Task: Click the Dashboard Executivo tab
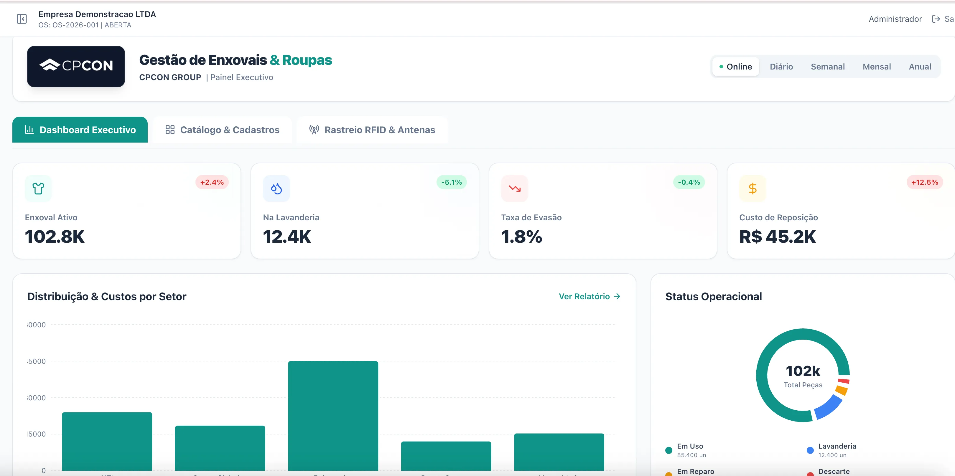[80, 130]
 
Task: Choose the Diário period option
[781, 67]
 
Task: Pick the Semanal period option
[827, 67]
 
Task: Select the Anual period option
[920, 67]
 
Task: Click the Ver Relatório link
[590, 296]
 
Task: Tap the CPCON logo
[76, 66]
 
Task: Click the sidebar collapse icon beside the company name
[22, 19]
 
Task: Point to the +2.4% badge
[212, 182]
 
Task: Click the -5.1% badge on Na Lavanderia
[451, 182]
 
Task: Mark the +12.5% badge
[924, 182]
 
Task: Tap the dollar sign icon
[752, 189]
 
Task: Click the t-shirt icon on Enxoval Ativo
[38, 189]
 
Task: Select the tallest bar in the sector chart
[333, 415]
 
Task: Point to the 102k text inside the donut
[803, 371]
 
